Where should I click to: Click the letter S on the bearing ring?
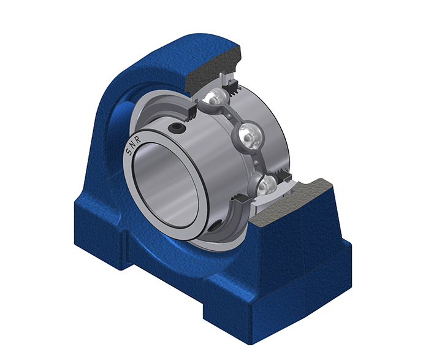tap(129, 151)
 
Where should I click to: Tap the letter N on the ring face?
tap(133, 145)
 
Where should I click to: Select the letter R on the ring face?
tap(138, 140)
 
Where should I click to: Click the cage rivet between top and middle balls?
tap(229, 117)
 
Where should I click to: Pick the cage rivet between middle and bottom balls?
tap(256, 162)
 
